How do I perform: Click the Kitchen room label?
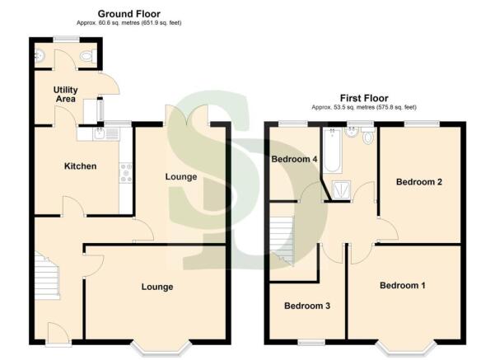point(81,166)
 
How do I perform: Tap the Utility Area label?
point(65,94)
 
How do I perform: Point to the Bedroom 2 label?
point(420,182)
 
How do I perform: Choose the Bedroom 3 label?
point(307,306)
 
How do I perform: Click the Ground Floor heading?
point(129,14)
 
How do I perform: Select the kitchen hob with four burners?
point(126,172)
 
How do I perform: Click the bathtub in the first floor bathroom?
point(332,149)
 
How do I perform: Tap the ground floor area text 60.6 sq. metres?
point(129,23)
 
